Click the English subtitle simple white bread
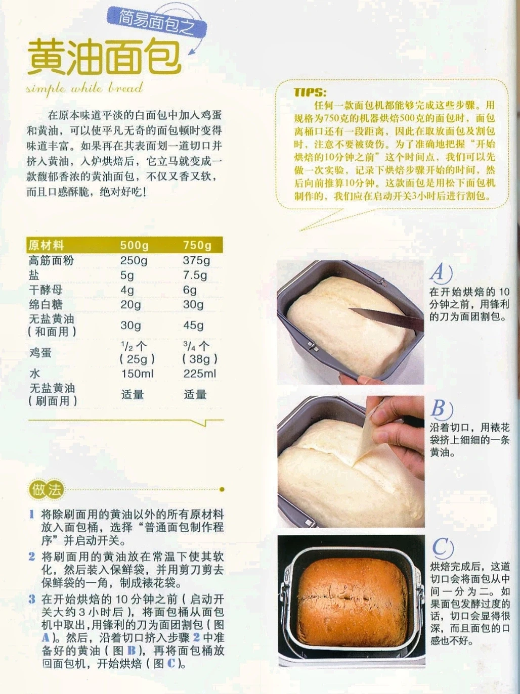(x=85, y=88)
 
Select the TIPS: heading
(x=310, y=92)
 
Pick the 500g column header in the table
(x=134, y=245)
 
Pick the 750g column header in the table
(x=197, y=245)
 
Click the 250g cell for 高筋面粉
(x=134, y=260)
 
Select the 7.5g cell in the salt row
(x=195, y=275)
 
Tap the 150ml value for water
(x=137, y=374)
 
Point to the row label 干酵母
(x=46, y=290)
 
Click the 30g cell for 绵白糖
(x=193, y=304)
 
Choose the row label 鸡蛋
(x=40, y=352)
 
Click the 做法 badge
(x=46, y=490)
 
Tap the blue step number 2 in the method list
(x=32, y=556)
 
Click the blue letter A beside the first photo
(x=440, y=273)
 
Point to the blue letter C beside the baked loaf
(x=442, y=547)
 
